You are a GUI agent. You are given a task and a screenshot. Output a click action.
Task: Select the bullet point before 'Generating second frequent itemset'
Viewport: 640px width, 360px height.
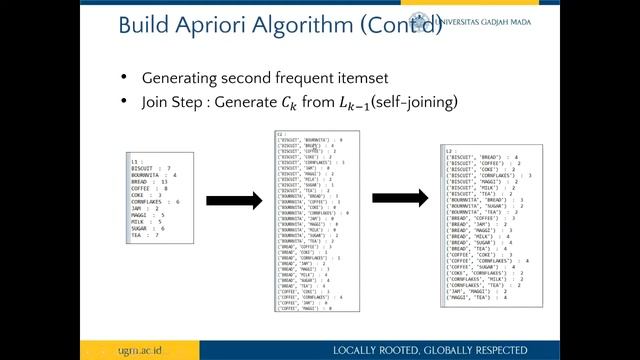(123, 78)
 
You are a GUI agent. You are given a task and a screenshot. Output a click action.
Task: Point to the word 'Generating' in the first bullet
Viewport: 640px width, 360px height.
(179, 78)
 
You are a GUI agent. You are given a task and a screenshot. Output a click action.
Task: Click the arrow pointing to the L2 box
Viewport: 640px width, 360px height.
(400, 199)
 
